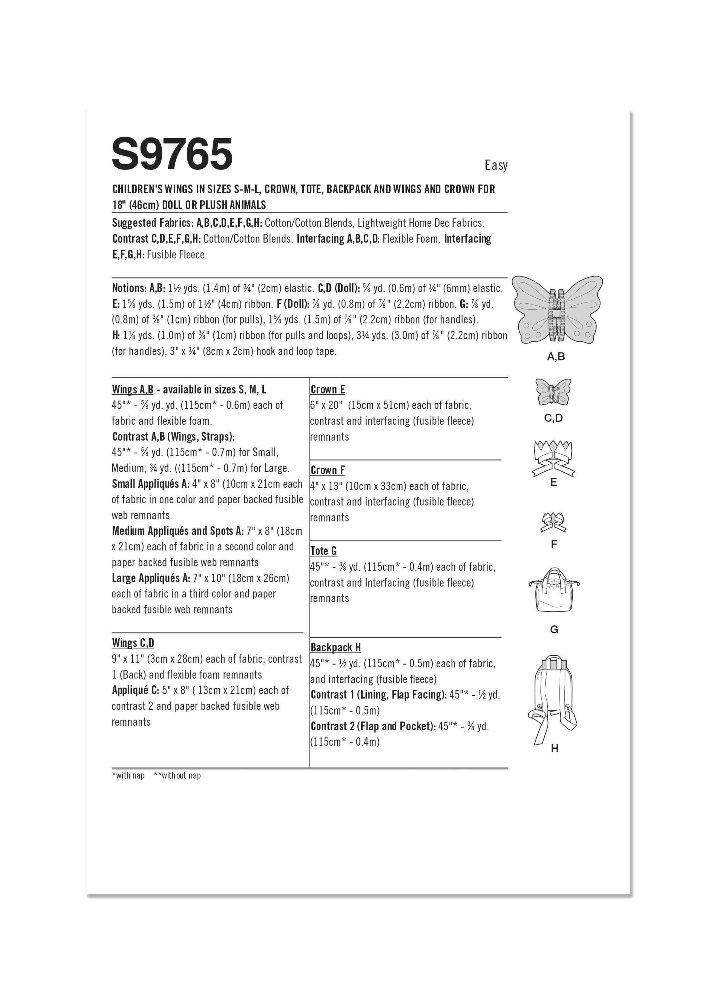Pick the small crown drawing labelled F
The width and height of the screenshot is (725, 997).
(553, 522)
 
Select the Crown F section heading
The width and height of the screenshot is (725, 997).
(327, 470)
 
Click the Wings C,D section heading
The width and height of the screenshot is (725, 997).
(133, 643)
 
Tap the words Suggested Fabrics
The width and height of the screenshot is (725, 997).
(152, 223)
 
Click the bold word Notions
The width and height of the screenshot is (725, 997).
(129, 288)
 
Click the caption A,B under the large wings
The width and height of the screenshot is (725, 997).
(556, 357)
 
